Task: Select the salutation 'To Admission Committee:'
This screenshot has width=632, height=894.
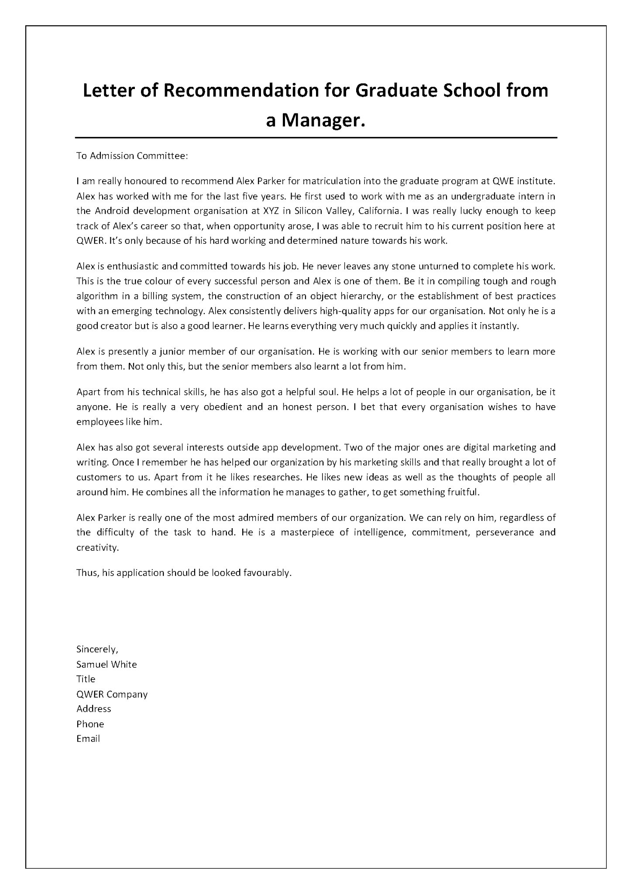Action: pyautogui.click(x=132, y=156)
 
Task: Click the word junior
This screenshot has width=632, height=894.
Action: pyautogui.click(x=174, y=351)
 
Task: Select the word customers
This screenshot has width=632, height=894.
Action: pyautogui.click(x=96, y=477)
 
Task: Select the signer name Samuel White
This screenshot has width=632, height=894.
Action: pyautogui.click(x=106, y=664)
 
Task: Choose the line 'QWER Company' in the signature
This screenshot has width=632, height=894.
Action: pyautogui.click(x=112, y=694)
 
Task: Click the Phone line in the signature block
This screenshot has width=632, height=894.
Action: pyautogui.click(x=90, y=724)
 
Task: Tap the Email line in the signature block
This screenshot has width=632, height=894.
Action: pyautogui.click(x=88, y=739)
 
